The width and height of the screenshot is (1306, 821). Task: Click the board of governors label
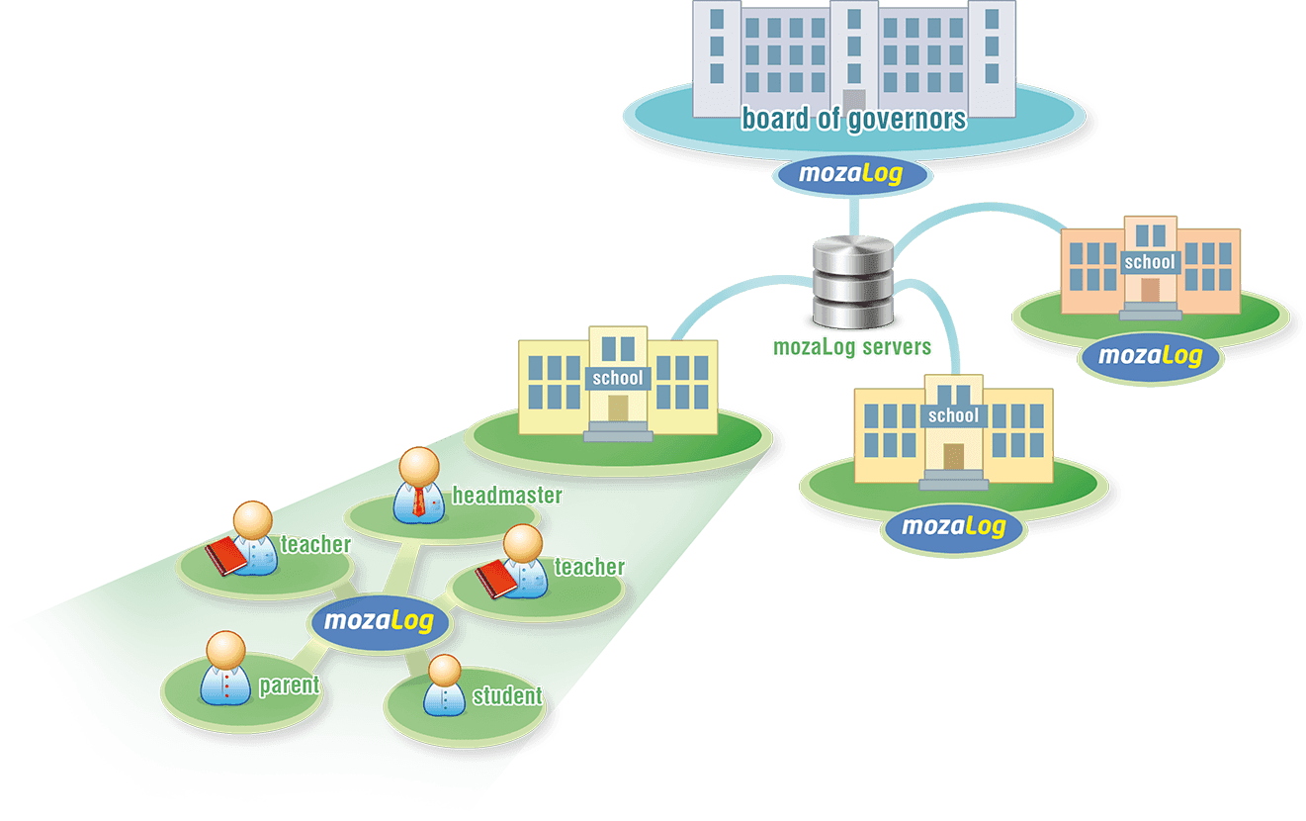853,120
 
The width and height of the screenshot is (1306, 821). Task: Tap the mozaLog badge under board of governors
851,176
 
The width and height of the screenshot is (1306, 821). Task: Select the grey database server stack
852,281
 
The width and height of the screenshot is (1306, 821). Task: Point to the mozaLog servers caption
851,347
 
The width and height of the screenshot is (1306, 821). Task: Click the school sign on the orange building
1150,262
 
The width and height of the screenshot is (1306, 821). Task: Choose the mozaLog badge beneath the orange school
1150,355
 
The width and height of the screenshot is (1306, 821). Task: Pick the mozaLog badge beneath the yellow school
953,525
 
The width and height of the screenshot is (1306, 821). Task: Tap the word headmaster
506,496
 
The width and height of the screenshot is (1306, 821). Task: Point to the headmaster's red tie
419,502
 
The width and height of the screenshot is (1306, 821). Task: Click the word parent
289,685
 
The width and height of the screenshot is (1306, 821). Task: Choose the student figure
444,685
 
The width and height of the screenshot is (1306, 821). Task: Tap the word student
507,696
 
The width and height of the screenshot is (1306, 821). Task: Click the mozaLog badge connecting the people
379,622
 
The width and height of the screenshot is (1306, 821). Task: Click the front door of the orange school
1150,289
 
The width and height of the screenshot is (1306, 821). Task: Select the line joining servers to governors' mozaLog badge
851,214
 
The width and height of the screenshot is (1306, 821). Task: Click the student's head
444,671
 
